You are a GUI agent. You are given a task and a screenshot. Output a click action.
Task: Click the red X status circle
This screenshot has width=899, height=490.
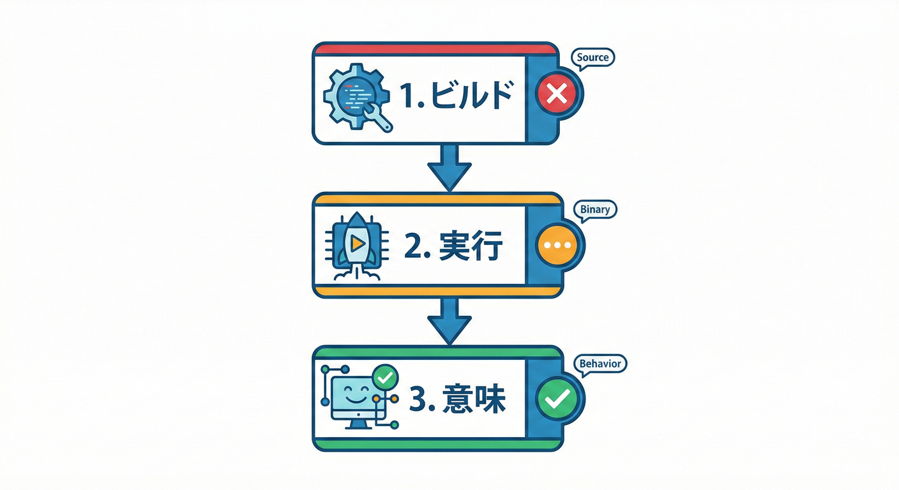tap(557, 94)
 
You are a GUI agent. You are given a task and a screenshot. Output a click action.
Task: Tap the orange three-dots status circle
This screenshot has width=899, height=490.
tap(557, 245)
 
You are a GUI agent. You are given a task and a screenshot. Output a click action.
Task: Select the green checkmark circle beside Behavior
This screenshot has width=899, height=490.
tap(557, 399)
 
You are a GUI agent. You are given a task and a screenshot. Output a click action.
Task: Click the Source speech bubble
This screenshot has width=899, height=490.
tap(593, 59)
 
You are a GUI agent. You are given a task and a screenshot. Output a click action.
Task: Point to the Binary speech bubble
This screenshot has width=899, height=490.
tap(595, 211)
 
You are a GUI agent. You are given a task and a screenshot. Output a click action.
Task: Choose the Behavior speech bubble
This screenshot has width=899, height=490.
tap(600, 364)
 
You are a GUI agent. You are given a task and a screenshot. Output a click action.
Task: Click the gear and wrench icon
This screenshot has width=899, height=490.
tap(357, 98)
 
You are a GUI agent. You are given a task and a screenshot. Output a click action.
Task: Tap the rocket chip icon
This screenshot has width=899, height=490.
tap(356, 246)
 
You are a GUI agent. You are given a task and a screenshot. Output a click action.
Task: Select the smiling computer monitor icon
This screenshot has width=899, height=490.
tap(360, 397)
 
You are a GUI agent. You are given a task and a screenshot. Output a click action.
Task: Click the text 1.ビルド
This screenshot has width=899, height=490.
tap(457, 96)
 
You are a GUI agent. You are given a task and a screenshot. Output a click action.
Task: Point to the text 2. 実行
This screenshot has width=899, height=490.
tap(453, 246)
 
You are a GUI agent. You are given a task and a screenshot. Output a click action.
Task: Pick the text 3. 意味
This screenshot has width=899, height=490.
tap(457, 399)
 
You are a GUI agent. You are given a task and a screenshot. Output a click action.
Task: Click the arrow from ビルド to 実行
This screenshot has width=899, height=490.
tap(449, 168)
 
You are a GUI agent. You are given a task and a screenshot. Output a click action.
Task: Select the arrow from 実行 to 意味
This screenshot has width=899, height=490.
tap(449, 321)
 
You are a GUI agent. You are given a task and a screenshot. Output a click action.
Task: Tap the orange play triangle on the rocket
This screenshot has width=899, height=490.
tap(357, 243)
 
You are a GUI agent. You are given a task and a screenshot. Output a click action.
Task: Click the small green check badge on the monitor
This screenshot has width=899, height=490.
tap(385, 377)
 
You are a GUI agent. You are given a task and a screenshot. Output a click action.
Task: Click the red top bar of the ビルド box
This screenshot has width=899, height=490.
tap(435, 49)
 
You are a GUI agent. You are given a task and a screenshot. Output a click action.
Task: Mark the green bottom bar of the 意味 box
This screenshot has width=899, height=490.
tap(437, 444)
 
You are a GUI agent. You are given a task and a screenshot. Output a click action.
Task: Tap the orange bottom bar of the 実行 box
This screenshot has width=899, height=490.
tap(437, 291)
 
